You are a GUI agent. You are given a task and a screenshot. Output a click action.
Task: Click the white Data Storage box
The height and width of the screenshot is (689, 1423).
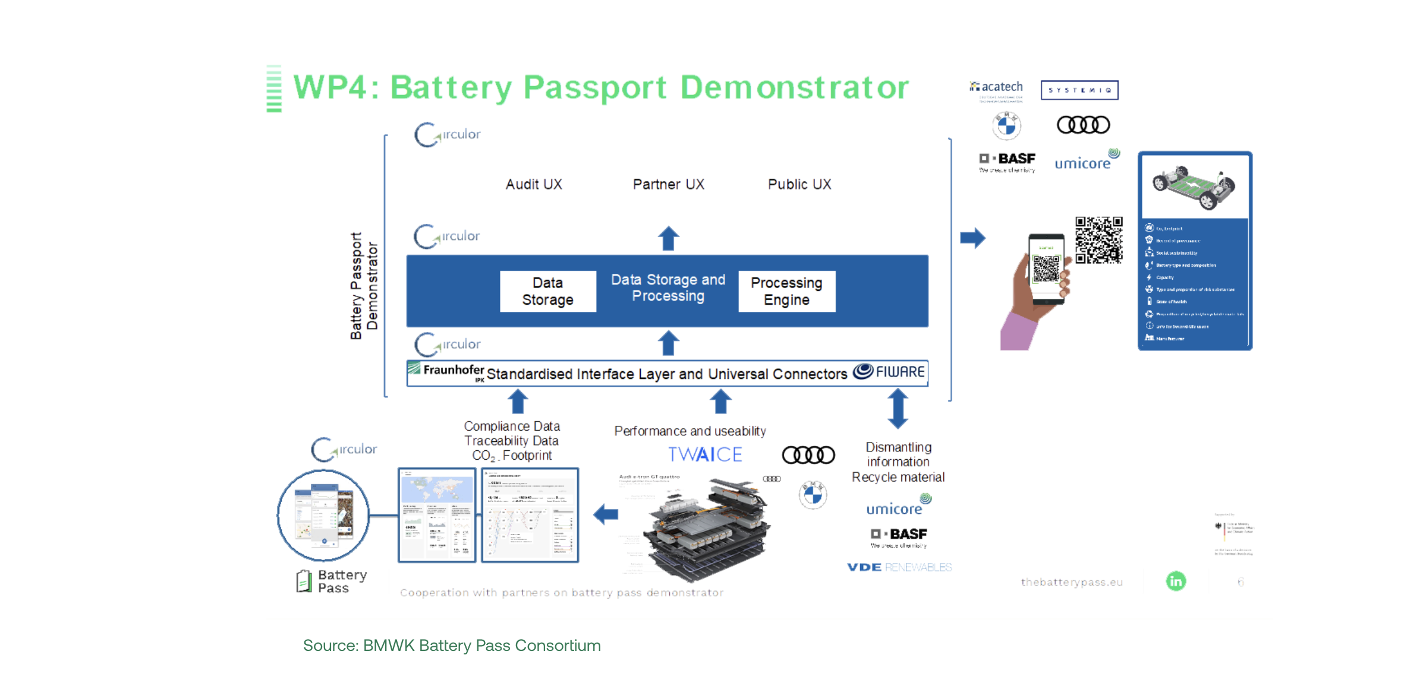547,291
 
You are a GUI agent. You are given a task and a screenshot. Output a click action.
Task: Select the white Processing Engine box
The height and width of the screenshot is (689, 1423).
786,291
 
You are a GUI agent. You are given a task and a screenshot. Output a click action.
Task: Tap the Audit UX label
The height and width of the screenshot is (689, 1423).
534,184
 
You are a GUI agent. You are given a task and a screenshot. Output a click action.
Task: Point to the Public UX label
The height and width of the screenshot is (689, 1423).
799,184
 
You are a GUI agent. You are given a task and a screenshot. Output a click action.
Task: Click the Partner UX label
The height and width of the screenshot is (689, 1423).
669,184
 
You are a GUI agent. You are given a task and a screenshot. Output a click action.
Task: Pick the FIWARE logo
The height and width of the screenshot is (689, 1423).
889,372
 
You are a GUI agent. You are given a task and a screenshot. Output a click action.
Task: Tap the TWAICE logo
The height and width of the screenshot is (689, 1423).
706,454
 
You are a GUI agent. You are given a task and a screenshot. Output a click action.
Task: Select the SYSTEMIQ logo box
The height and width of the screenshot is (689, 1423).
1079,90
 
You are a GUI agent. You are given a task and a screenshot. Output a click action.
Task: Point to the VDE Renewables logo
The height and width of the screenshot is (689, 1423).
899,567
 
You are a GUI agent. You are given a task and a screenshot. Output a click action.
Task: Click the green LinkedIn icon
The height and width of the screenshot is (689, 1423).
1176,581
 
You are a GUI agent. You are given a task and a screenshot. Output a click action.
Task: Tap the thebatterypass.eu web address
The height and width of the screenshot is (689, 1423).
1072,582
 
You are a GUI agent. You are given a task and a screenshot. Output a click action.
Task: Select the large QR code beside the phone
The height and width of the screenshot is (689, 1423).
1098,240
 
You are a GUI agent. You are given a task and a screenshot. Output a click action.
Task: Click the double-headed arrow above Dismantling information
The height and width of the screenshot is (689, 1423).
898,409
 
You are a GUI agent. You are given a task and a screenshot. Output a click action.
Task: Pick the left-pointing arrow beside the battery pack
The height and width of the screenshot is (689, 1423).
606,514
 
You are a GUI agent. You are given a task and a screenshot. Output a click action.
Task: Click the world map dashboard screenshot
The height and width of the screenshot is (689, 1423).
437,515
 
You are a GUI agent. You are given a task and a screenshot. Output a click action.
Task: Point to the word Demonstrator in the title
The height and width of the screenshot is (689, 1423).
795,88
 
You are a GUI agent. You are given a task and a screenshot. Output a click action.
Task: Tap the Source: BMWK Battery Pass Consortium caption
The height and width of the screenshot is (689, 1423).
452,646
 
